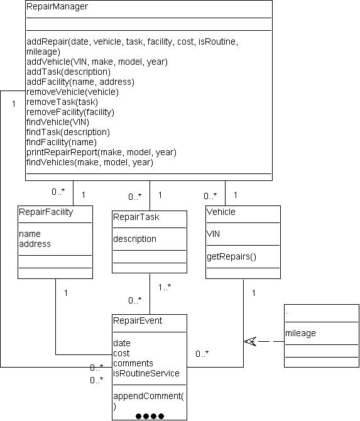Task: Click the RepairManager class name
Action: pyautogui.click(x=57, y=6)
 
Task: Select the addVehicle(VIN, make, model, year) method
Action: pyautogui.click(x=97, y=62)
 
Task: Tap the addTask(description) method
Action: pyautogui.click(x=68, y=72)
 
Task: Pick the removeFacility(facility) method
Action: pyautogui.click(x=70, y=112)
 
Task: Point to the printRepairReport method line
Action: pyautogui.click(x=101, y=153)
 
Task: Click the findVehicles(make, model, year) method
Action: pyautogui.click(x=90, y=163)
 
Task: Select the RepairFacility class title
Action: pyautogui.click(x=46, y=212)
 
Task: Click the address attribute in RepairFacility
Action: pyautogui.click(x=35, y=244)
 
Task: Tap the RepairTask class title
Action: pyautogui.click(x=136, y=217)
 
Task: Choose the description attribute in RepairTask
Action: pyautogui.click(x=134, y=239)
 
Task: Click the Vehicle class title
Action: pyautogui.click(x=221, y=212)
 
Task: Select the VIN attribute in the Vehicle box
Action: pyautogui.click(x=213, y=234)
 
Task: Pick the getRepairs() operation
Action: pyautogui.click(x=231, y=256)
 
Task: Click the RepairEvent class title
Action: pyautogui.click(x=138, y=320)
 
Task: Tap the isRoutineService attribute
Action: pyautogui.click(x=146, y=373)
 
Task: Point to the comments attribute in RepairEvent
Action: pyautogui.click(x=133, y=364)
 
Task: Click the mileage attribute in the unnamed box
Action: pyautogui.click(x=300, y=333)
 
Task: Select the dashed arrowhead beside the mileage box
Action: pyautogui.click(x=250, y=342)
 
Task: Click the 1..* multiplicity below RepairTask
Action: pyautogui.click(x=165, y=288)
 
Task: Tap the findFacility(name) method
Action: pyautogui.click(x=62, y=142)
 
